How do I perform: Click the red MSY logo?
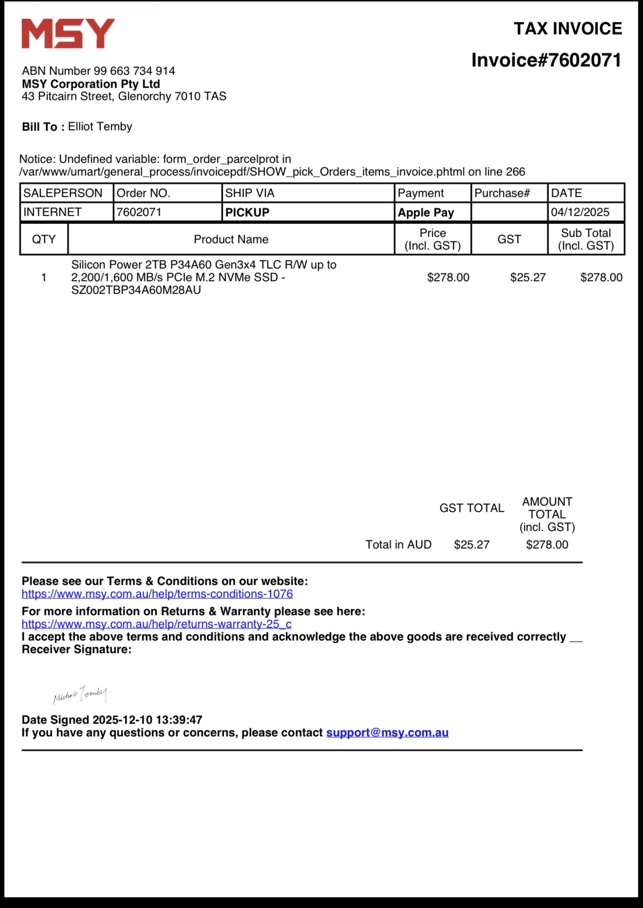click(x=68, y=34)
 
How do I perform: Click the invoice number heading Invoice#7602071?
click(x=546, y=60)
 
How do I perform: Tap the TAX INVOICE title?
click(x=567, y=29)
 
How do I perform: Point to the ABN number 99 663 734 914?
click(x=134, y=71)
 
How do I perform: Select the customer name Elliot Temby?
click(x=100, y=127)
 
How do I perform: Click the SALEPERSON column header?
click(x=63, y=193)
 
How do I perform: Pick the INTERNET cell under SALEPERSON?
click(x=53, y=212)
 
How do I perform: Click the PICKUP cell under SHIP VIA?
click(x=247, y=213)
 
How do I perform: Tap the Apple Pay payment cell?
click(x=426, y=213)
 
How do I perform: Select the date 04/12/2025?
click(x=580, y=212)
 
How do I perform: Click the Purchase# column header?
click(x=502, y=193)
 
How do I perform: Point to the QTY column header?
click(x=44, y=240)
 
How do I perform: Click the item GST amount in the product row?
click(x=528, y=278)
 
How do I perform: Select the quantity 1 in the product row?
click(x=44, y=278)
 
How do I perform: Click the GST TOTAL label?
click(x=472, y=508)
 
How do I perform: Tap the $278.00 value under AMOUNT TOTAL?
click(x=547, y=545)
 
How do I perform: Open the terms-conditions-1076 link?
click(x=157, y=594)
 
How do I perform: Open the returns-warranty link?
click(x=156, y=624)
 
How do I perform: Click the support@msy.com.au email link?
click(x=387, y=733)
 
